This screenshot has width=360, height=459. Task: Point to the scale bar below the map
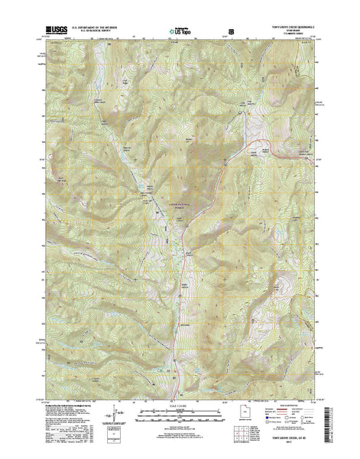pyautogui.click(x=180, y=420)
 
